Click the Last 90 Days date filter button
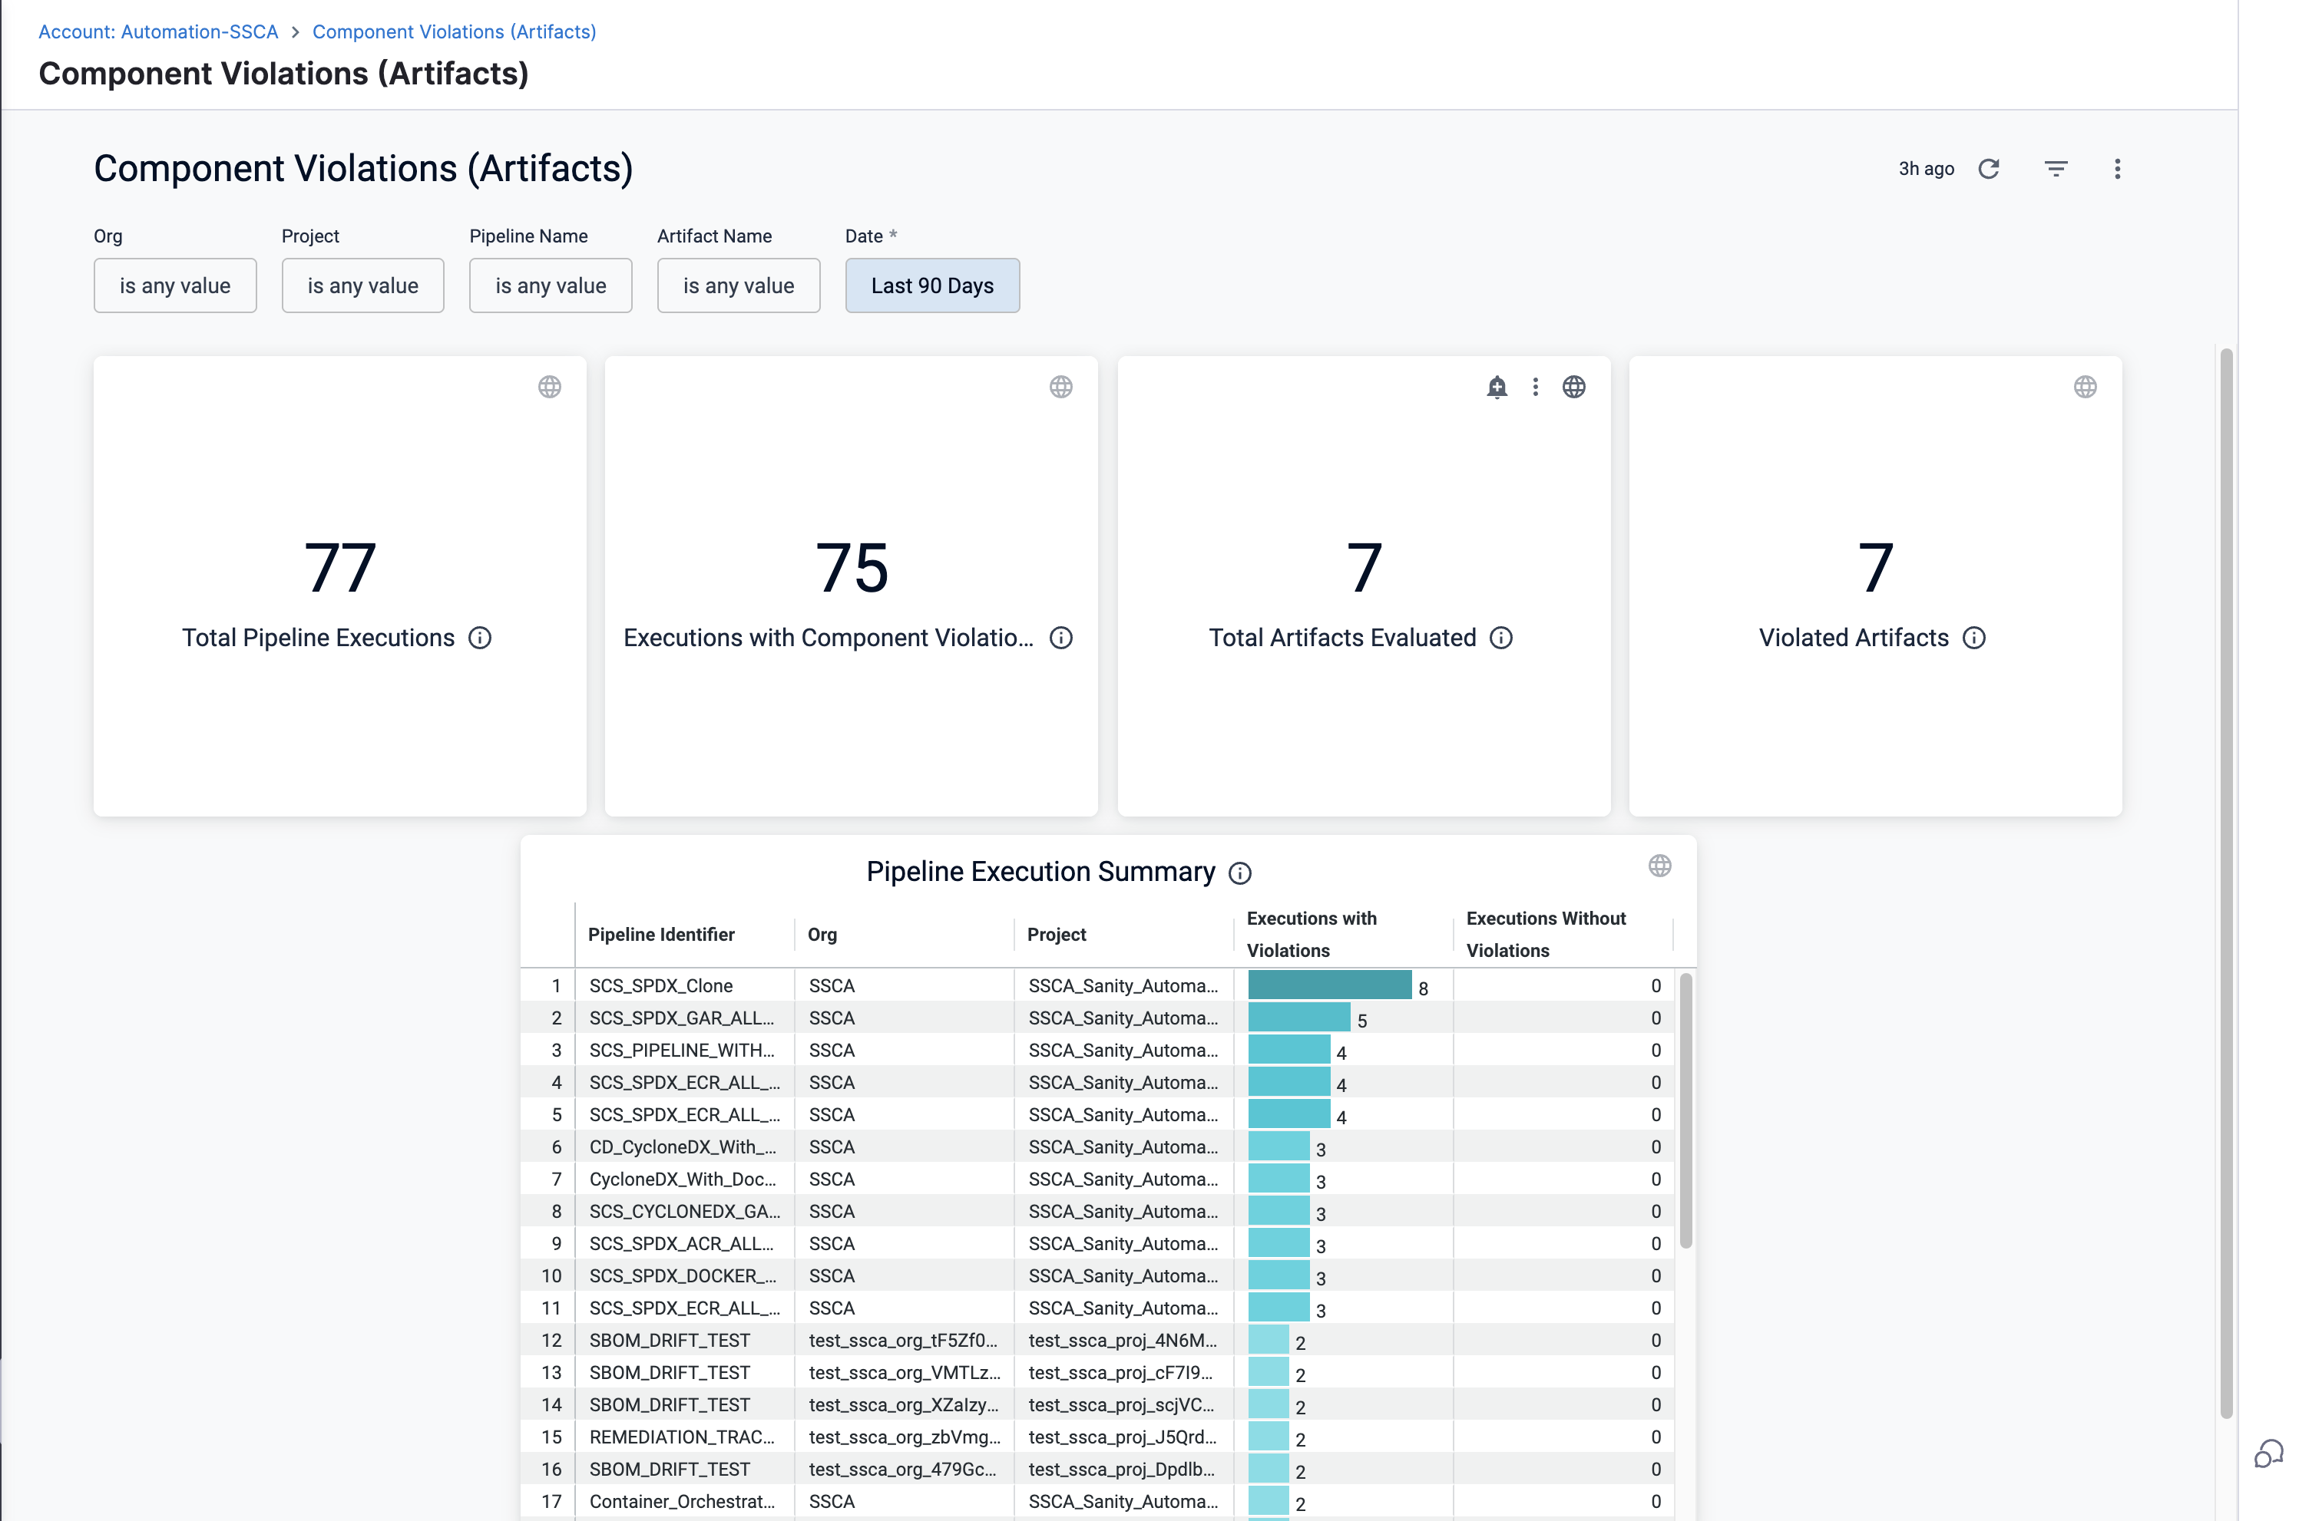[x=931, y=285]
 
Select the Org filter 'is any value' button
[x=174, y=285]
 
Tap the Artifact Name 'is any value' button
[x=738, y=285]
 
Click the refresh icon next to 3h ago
[x=1989, y=169]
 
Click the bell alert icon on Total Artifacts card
[x=1497, y=387]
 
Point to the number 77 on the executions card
[x=339, y=567]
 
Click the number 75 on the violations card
[x=851, y=567]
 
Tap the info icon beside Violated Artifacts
[x=1974, y=637]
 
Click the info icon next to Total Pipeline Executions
[x=479, y=637]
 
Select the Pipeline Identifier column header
[x=661, y=934]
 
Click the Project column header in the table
[x=1056, y=934]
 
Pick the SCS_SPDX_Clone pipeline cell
[x=661, y=985]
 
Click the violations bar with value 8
[x=1328, y=985]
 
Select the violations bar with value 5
[x=1298, y=1018]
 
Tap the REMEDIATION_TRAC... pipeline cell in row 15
[x=681, y=1437]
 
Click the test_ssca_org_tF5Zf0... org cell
[x=902, y=1340]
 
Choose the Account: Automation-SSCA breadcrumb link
[x=158, y=32]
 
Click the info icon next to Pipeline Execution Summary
[x=1239, y=873]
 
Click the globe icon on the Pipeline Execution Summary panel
[x=1659, y=866]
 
